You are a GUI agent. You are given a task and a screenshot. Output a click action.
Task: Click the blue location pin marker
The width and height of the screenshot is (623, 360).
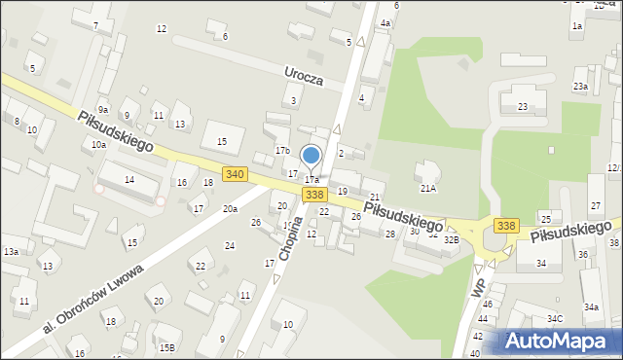point(311,156)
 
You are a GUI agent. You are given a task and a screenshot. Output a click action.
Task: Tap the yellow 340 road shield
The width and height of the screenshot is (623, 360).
point(234,173)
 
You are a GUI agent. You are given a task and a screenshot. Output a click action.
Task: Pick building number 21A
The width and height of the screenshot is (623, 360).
point(427,188)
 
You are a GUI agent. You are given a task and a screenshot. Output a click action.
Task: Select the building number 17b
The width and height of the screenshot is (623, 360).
point(282,151)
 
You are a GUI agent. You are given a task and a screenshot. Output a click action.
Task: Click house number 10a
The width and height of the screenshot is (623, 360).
point(98,144)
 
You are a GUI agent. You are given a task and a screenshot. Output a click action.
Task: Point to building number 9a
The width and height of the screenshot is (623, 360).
point(102,110)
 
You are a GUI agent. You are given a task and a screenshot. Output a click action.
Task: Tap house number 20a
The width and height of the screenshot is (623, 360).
point(230,209)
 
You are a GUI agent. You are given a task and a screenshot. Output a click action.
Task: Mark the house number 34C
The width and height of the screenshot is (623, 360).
point(555,319)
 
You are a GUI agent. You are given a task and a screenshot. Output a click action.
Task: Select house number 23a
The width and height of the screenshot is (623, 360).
point(580,87)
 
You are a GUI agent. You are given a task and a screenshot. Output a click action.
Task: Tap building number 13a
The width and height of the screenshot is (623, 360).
point(11,252)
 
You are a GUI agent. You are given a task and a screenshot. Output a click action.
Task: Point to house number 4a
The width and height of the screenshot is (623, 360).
point(385,23)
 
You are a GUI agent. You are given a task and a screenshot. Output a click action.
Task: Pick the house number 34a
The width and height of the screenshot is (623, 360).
point(591,307)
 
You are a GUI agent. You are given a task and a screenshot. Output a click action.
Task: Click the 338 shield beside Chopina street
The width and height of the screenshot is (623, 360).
point(313,195)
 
